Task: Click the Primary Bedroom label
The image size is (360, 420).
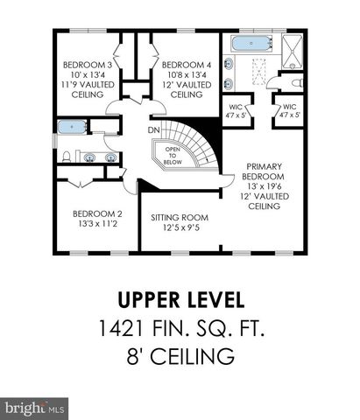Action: tap(265, 166)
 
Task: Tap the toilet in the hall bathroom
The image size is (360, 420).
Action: tap(66, 158)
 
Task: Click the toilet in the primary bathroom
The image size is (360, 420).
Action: tap(299, 83)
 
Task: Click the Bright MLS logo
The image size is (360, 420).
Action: tap(35, 408)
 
